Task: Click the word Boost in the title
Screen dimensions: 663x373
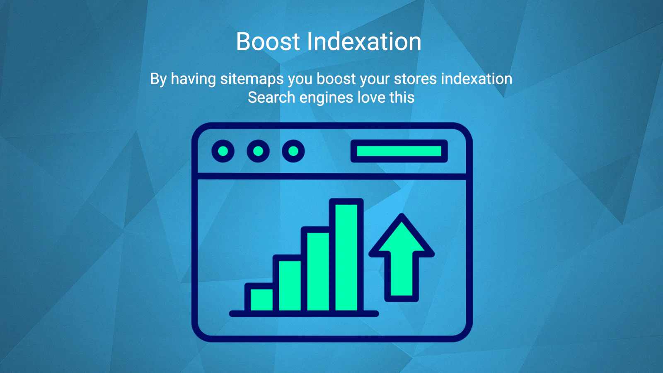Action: click(x=268, y=41)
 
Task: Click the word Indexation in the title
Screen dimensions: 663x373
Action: click(x=364, y=41)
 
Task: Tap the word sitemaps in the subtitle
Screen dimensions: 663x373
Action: click(x=252, y=79)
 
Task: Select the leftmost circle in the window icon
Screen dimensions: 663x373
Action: click(x=223, y=151)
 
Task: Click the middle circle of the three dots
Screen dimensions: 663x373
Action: click(x=258, y=151)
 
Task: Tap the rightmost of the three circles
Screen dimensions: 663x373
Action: click(x=293, y=151)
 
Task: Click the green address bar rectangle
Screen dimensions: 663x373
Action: click(x=399, y=151)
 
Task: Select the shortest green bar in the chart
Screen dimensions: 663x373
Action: click(x=261, y=300)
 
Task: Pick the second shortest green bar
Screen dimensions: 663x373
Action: click(x=290, y=286)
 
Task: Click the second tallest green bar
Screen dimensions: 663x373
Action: click(x=318, y=271)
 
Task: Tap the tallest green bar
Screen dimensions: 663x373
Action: click(x=346, y=257)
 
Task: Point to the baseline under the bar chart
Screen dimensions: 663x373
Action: click(x=304, y=314)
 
